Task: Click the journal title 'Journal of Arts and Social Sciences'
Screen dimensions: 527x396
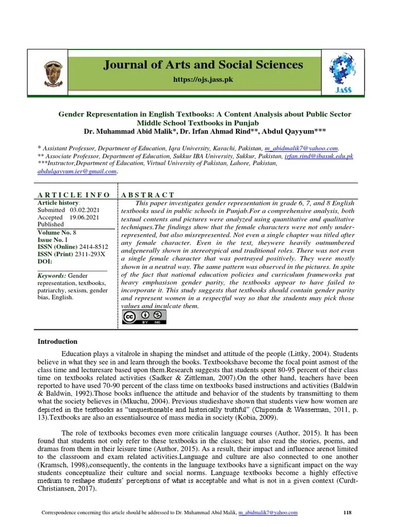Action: click(203, 65)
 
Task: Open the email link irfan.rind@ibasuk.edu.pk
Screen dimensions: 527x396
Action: click(318, 155)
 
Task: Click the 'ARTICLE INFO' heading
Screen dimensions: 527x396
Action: click(74, 195)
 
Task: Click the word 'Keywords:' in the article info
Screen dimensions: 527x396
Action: click(52, 276)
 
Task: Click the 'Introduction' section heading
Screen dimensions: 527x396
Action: click(58, 341)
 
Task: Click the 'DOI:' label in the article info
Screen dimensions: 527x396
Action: click(45, 261)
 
